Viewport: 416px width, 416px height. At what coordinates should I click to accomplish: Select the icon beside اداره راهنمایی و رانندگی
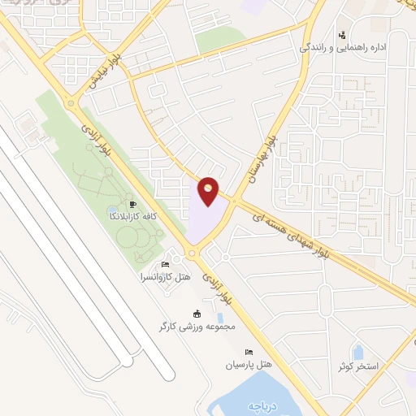point(342,35)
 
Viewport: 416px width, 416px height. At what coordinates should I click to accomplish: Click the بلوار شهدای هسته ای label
point(303,232)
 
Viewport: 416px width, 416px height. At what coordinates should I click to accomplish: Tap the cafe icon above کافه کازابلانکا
point(134,205)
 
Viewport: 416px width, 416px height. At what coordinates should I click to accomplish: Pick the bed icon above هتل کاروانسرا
point(166,265)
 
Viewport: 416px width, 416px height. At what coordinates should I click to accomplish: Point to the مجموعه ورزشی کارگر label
point(197,327)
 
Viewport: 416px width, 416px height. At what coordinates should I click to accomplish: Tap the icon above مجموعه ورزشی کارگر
point(196,314)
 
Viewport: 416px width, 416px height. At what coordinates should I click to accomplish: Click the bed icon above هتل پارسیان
point(249,352)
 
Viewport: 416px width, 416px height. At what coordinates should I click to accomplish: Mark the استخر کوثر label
point(359,366)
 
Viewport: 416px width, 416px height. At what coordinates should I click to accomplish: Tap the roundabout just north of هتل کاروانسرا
point(192,253)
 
